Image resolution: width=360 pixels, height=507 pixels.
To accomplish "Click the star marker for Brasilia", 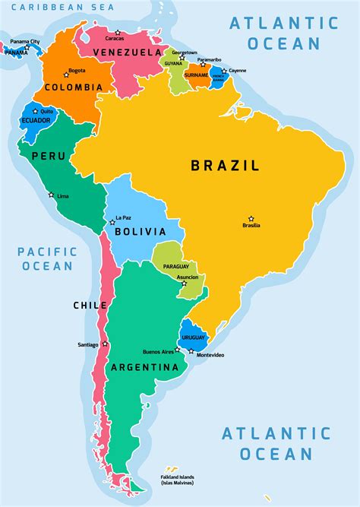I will (251, 218).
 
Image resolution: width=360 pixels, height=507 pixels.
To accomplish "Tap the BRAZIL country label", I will (225, 165).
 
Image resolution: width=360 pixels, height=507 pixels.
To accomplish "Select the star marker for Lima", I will (52, 195).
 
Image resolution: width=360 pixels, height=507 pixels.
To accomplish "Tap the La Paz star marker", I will (112, 222).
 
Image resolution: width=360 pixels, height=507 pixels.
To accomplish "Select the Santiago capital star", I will (105, 344).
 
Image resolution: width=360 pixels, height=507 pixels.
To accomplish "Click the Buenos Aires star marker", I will (178, 350).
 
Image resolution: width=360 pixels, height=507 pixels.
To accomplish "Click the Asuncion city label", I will (187, 277).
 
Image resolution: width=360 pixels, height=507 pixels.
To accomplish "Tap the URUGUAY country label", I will (194, 337).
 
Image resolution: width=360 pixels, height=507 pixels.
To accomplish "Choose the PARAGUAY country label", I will (175, 266).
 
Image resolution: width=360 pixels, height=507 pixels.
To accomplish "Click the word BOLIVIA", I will (140, 233).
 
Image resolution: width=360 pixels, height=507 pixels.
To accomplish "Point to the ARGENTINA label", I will (144, 367).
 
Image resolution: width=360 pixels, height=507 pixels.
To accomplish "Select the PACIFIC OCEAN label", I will (47, 258).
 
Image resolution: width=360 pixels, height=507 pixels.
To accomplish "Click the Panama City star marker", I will (27, 48).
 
